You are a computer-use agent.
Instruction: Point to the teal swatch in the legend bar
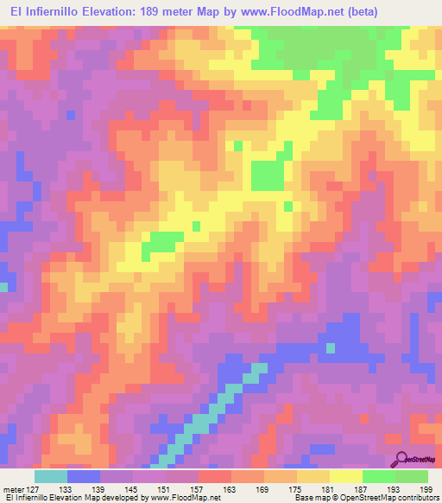tap(51, 476)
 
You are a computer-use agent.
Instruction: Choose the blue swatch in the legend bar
tap(84, 476)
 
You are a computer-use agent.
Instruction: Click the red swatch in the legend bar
tap(215, 476)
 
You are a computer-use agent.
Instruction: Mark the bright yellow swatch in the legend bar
tap(346, 476)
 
